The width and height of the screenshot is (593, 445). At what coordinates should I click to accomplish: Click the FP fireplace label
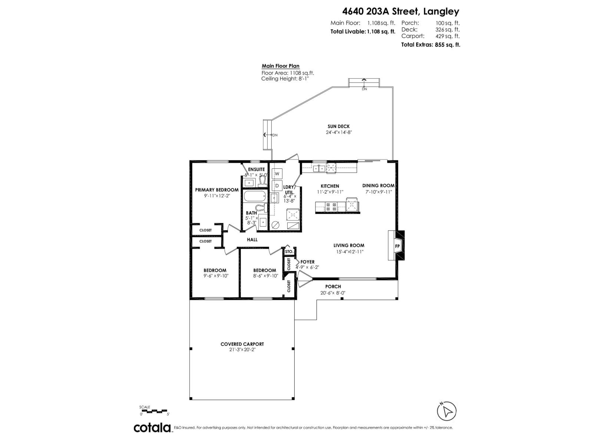(397, 246)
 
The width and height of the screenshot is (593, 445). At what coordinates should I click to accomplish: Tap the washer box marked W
(277, 174)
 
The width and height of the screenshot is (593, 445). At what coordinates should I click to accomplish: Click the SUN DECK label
(338, 126)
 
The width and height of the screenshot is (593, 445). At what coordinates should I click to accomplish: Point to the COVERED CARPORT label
(242, 344)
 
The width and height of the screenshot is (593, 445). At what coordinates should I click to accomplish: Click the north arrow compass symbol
(447, 411)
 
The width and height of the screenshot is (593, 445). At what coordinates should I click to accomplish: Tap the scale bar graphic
(154, 411)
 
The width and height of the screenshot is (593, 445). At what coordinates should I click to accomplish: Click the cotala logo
(152, 428)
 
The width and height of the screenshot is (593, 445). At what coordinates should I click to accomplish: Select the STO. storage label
(289, 252)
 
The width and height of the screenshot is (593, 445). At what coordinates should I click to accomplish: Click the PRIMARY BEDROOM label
(217, 190)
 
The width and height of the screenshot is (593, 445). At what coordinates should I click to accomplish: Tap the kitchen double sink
(319, 169)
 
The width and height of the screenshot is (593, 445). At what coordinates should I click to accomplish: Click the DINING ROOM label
(378, 186)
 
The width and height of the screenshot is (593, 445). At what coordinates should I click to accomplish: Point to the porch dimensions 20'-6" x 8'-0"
(333, 293)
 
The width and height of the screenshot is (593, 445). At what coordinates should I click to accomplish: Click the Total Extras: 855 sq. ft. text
(430, 44)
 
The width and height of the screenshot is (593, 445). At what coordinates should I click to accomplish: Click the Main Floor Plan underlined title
(281, 66)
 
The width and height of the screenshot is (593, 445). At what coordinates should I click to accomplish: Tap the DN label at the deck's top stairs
(364, 89)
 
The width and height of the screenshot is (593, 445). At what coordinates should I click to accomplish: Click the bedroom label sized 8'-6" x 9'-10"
(265, 270)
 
